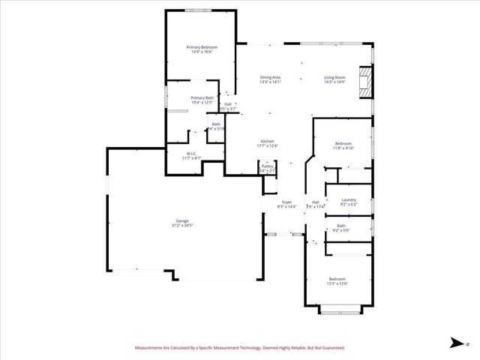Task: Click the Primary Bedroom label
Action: pos(201,47)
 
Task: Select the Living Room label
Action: pos(334,77)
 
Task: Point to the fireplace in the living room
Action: pos(364,82)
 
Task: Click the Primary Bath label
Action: pos(202,97)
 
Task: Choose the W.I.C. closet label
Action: pos(191,154)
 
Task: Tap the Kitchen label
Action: pos(267,141)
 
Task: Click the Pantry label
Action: pos(267,166)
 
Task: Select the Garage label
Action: pos(183,220)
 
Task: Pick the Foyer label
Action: pos(286,202)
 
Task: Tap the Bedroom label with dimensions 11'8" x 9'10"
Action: pos(343,143)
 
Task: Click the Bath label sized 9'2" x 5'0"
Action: pos(341,226)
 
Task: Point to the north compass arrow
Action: pos(456,343)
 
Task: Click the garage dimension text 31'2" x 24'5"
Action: pos(183,225)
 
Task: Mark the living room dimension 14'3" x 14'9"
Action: pos(334,82)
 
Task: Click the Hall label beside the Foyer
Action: pos(316,202)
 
